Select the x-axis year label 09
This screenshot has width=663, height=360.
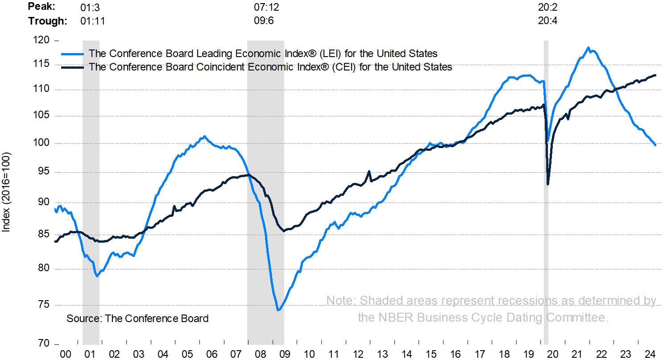point(284,354)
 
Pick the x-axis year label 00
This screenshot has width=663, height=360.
point(66,354)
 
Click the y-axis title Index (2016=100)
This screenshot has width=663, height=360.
point(7,193)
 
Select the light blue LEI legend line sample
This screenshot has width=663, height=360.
point(71,54)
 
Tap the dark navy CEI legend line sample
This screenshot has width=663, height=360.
point(71,67)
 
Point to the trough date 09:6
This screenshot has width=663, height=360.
point(264,21)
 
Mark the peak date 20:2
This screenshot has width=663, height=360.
point(548,8)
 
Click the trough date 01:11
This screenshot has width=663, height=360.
point(93,21)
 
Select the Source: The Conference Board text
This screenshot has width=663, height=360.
point(137,319)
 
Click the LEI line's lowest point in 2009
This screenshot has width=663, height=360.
point(278,310)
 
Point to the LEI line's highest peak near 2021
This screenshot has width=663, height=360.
point(588,47)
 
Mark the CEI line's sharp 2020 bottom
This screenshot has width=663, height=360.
point(548,184)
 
